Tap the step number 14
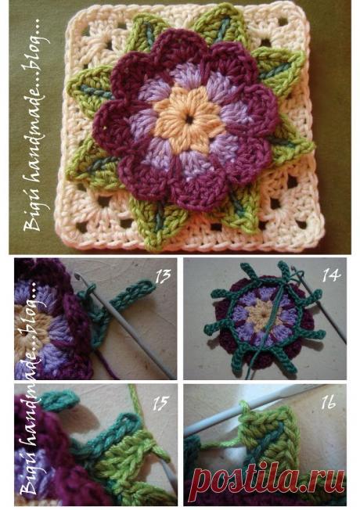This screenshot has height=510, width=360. coord(330,275)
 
